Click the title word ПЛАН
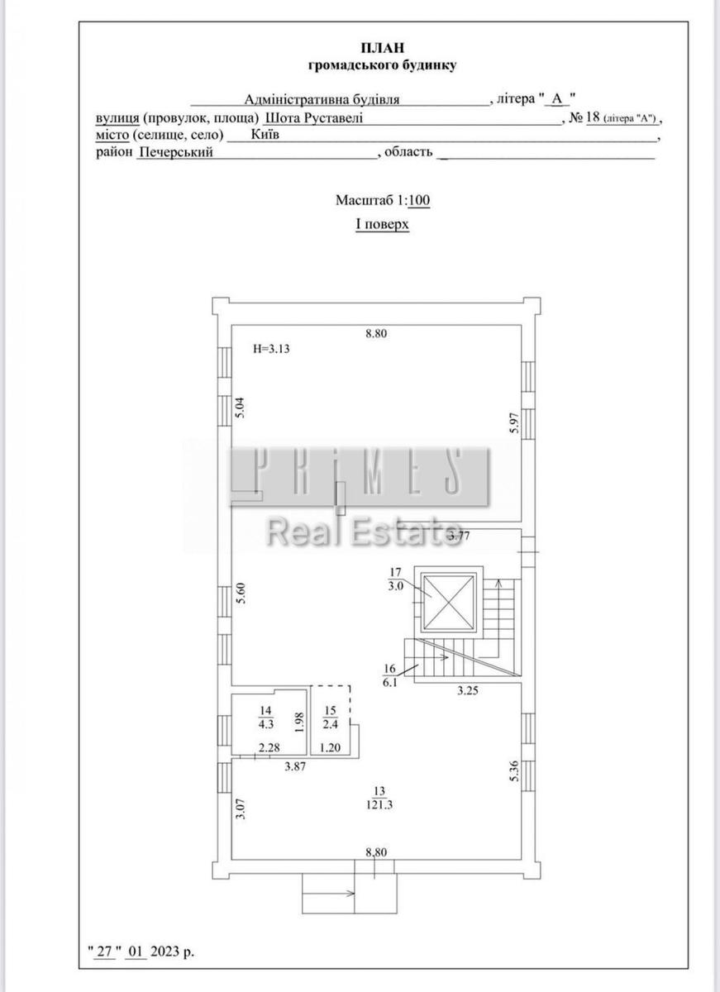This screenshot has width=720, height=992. (x=383, y=47)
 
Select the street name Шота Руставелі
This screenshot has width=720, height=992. (x=314, y=118)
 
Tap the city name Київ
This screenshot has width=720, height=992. (x=265, y=134)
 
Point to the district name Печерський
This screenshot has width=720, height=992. (x=176, y=152)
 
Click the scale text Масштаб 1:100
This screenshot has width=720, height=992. (x=383, y=200)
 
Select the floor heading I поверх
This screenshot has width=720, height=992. (x=382, y=224)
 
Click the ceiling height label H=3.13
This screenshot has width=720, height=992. (x=271, y=349)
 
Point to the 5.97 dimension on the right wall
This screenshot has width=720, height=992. (x=514, y=422)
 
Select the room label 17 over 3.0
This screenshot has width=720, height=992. (x=396, y=579)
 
